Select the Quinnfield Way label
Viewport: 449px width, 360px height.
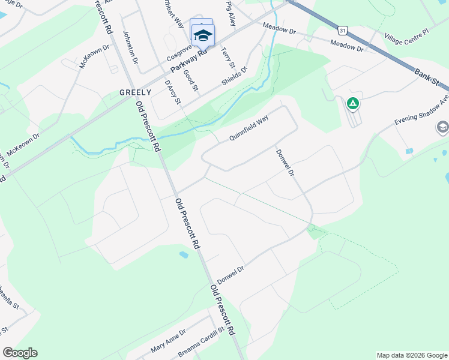click(248, 128)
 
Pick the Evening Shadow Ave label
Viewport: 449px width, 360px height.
click(421, 109)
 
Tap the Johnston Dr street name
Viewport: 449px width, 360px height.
click(131, 47)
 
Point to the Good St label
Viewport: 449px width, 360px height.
click(191, 80)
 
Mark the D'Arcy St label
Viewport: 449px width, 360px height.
click(173, 92)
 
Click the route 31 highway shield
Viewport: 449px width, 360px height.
click(342, 29)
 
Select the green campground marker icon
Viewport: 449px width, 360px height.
click(353, 104)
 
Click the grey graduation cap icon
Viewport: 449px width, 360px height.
click(442, 127)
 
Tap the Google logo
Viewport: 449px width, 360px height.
click(20, 353)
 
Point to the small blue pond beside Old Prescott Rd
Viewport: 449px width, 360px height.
click(184, 254)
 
